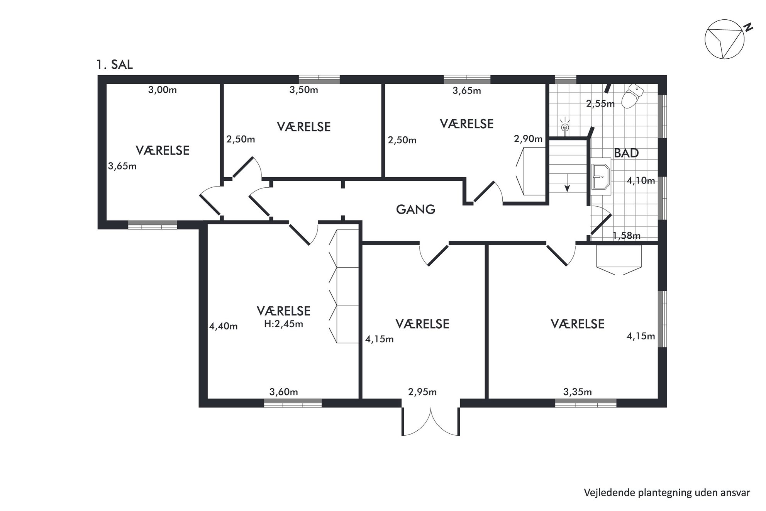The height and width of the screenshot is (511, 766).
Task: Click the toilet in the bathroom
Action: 632,97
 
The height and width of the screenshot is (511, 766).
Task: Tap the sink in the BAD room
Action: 601,177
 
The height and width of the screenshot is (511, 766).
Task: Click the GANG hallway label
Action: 415,209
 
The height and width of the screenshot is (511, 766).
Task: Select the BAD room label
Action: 626,153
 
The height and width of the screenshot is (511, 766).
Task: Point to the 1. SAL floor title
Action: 115,65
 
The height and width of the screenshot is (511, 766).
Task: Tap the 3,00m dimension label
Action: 163,90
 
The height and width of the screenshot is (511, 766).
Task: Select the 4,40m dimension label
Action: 223,326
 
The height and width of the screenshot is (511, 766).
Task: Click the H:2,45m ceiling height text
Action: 283,324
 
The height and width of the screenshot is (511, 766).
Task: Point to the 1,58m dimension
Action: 627,236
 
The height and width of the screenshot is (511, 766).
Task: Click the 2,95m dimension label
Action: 422,392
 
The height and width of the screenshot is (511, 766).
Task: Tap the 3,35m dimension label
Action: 578,392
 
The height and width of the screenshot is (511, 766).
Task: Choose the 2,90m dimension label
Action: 528,139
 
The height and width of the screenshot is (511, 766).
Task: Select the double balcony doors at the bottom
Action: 431,421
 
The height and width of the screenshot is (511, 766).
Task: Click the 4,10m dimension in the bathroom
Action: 641,180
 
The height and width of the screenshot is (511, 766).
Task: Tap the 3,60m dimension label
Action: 284,392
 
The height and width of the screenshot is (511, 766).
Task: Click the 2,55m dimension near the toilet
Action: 600,104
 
